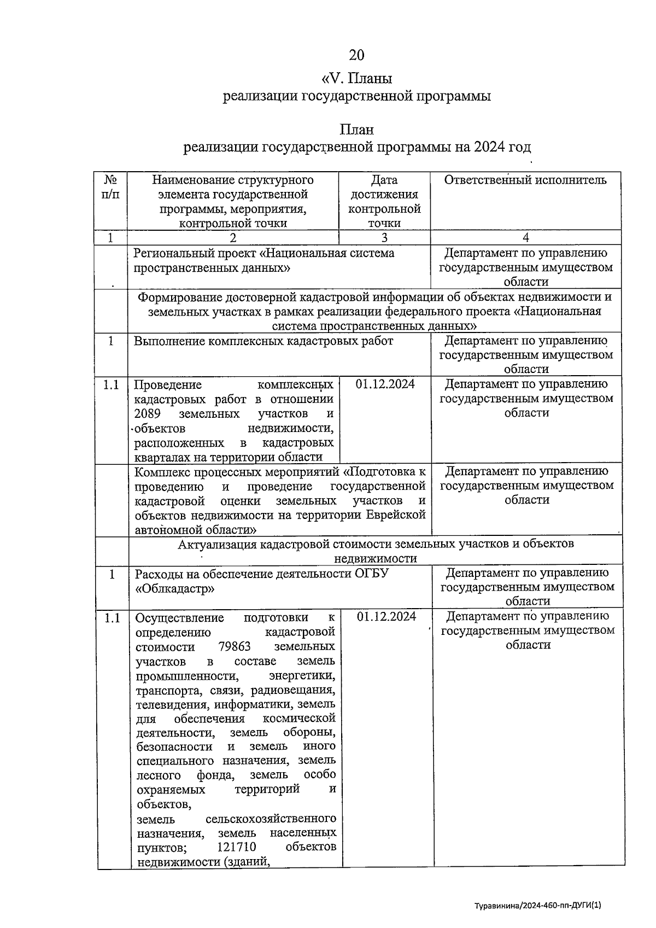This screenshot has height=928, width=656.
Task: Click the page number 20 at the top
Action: [356, 55]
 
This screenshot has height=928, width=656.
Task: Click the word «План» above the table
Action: [356, 130]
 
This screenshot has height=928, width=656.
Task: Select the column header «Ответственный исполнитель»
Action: [525, 180]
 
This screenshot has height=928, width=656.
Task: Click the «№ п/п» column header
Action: [111, 187]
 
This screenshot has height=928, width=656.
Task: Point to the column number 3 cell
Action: [384, 237]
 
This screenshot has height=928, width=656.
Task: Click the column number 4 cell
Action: [525, 237]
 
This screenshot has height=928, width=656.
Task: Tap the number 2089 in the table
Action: [148, 413]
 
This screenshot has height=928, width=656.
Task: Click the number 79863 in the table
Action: [235, 647]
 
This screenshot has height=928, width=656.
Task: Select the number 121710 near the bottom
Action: [237, 847]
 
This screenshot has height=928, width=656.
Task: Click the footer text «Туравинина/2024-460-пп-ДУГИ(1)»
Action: [537, 905]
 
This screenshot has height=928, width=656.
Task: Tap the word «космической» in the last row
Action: [300, 718]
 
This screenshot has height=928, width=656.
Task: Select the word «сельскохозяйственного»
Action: [271, 819]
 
